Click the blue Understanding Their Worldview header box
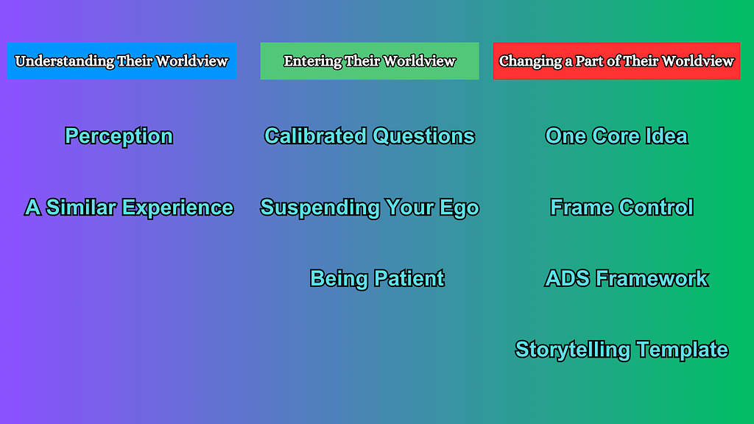click(x=121, y=61)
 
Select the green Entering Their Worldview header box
click(x=370, y=61)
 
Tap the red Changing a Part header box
click(x=616, y=61)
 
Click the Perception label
click(x=119, y=136)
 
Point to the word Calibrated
click(x=315, y=136)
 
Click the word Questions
click(x=423, y=136)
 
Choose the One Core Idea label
click(x=616, y=136)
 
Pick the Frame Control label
click(x=621, y=207)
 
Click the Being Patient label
click(x=377, y=278)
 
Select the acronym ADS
click(x=568, y=278)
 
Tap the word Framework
click(x=652, y=278)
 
